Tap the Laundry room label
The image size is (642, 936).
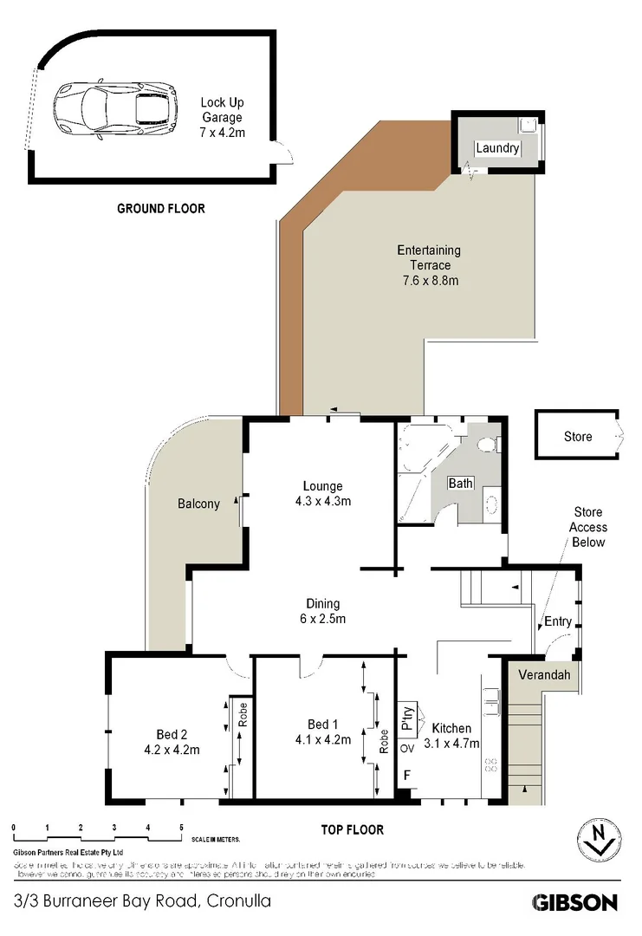497,148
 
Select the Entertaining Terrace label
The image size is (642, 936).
427,265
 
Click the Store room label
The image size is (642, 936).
578,436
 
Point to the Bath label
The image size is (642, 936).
460,483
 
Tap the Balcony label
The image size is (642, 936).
198,504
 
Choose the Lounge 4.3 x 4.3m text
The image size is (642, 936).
322,493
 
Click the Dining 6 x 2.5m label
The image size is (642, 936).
321,611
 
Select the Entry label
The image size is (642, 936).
557,621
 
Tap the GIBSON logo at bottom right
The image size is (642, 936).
575,902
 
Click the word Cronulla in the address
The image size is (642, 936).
238,901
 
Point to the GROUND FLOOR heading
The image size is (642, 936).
161,208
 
